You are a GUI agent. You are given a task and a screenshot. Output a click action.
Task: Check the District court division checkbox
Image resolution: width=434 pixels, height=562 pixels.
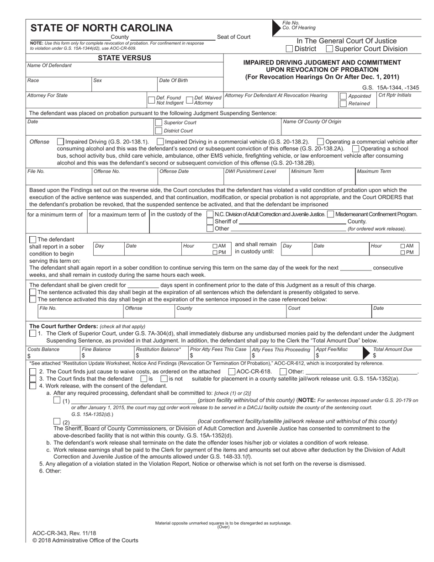tap(289, 49)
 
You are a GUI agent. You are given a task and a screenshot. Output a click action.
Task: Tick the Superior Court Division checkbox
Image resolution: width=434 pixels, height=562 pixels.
tap(329, 49)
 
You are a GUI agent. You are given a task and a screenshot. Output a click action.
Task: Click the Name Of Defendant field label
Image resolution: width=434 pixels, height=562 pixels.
tap(49, 66)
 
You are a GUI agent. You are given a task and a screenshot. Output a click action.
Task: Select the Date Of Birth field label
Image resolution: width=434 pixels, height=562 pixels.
tap(173, 80)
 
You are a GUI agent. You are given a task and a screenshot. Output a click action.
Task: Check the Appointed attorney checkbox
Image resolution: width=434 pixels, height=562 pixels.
tap(343, 96)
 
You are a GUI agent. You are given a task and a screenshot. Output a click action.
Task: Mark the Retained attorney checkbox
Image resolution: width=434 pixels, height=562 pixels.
tap(343, 104)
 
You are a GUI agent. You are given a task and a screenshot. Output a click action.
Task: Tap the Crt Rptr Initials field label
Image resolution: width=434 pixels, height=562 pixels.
tap(395, 95)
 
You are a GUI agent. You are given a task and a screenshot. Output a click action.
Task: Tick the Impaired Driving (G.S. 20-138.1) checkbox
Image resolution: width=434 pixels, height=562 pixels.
tap(61, 142)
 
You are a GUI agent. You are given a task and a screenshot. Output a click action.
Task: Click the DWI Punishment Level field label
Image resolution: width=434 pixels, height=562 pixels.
tap(250, 171)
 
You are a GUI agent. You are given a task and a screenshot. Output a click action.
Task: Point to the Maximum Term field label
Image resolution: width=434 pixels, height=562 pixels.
tap(374, 171)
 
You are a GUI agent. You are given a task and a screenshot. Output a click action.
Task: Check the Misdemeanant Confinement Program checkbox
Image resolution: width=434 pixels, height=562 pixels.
tap(330, 214)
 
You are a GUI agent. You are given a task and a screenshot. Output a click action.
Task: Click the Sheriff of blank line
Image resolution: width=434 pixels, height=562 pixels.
tap(292, 222)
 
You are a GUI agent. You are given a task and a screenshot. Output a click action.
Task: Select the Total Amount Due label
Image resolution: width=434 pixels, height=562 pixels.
tap(392, 349)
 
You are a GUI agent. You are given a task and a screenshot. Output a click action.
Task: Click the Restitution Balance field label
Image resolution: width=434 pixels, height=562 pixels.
tap(159, 349)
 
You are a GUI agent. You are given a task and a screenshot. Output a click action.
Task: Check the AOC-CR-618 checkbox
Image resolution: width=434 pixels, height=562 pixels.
tap(232, 371)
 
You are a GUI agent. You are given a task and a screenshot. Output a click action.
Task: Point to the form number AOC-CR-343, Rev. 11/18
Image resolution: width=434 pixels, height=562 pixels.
tap(64, 533)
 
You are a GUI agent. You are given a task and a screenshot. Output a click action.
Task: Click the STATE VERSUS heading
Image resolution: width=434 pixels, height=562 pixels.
tap(125, 58)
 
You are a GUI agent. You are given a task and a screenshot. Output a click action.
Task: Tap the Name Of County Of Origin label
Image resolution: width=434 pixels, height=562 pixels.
tap(312, 122)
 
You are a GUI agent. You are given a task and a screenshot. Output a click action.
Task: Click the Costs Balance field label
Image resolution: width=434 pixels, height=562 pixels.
tap(43, 349)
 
